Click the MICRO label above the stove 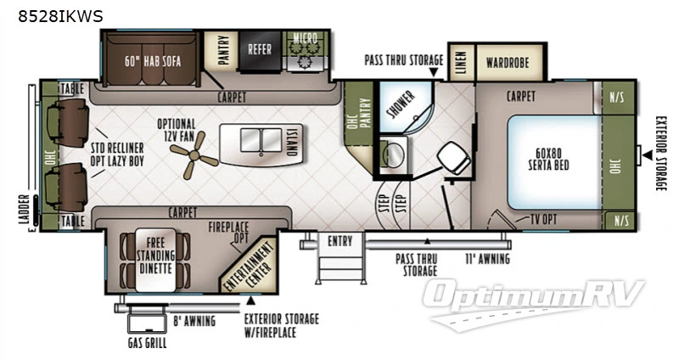point(304,38)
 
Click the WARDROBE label point(508,62)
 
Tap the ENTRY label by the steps point(339,242)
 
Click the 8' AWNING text point(195,321)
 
